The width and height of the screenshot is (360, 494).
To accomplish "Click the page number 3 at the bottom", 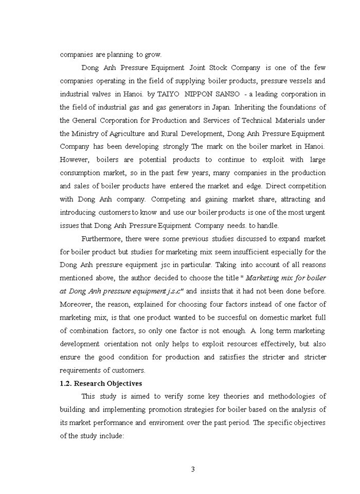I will coord(193,469).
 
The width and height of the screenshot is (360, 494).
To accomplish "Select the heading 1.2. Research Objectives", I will coord(101,383).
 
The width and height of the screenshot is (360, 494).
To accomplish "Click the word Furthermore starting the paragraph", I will coord(102,239).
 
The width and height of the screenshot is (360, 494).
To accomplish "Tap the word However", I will coord(75,160).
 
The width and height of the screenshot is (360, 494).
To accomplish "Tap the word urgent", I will coord(314,212).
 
